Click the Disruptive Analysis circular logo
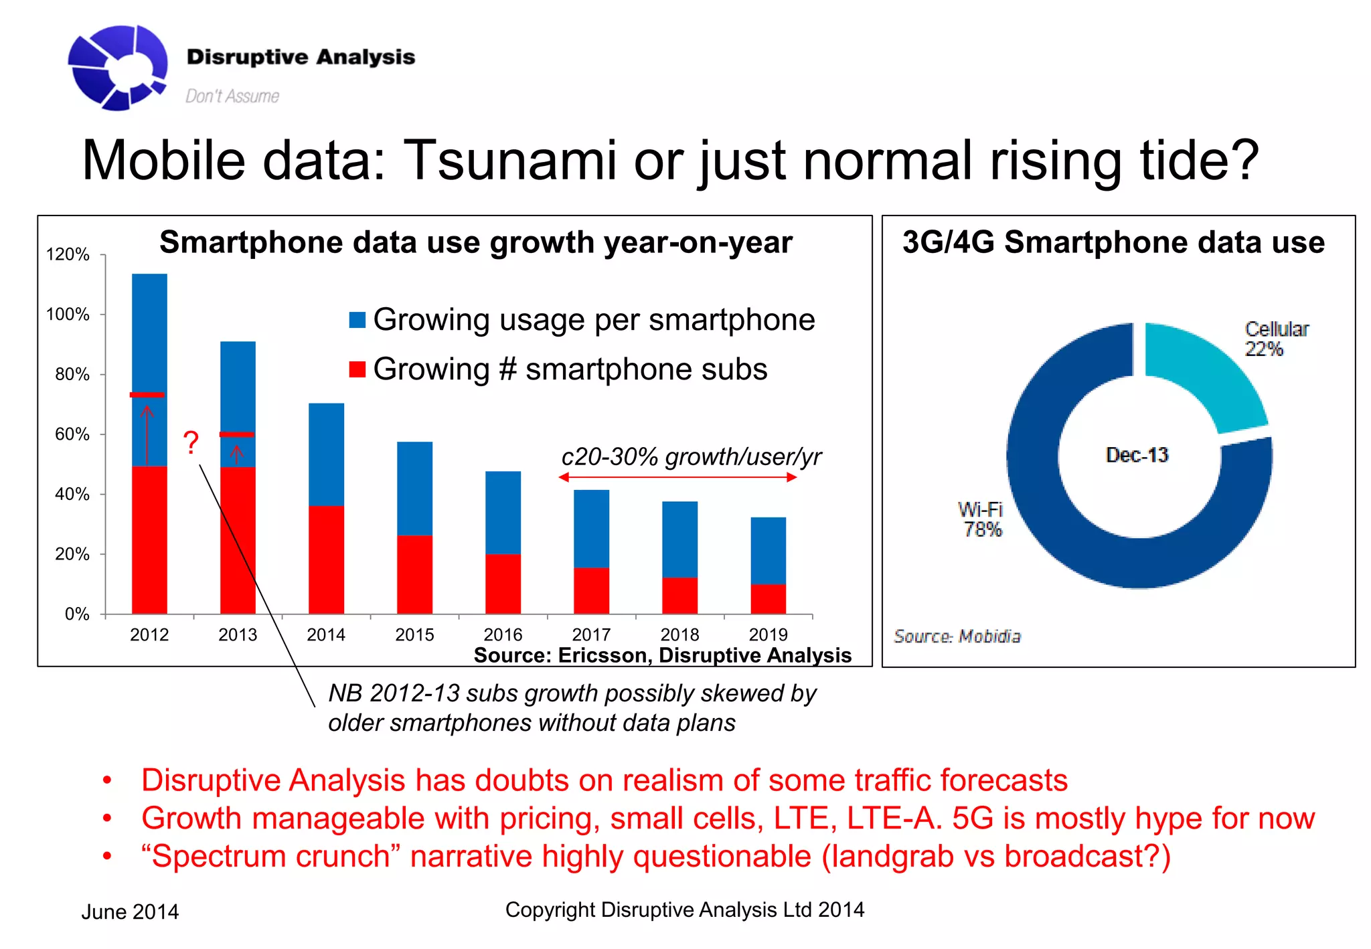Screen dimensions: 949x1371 118,67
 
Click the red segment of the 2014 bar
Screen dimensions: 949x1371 326,559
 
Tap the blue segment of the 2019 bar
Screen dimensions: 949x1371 768,550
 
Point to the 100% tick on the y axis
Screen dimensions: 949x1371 68,314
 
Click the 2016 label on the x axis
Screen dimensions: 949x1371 503,634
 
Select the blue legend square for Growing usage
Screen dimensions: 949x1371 357,320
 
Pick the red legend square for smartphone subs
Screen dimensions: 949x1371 357,369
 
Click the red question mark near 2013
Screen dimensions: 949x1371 191,442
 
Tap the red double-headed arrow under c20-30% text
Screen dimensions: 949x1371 677,477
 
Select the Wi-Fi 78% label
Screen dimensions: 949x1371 981,519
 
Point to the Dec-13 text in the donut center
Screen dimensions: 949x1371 1137,455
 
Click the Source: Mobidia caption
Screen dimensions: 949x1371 957,636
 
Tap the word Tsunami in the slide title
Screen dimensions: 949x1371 510,161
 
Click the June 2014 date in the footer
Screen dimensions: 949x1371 130,912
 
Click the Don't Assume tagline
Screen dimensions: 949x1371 232,96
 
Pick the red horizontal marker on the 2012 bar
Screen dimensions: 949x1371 147,395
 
